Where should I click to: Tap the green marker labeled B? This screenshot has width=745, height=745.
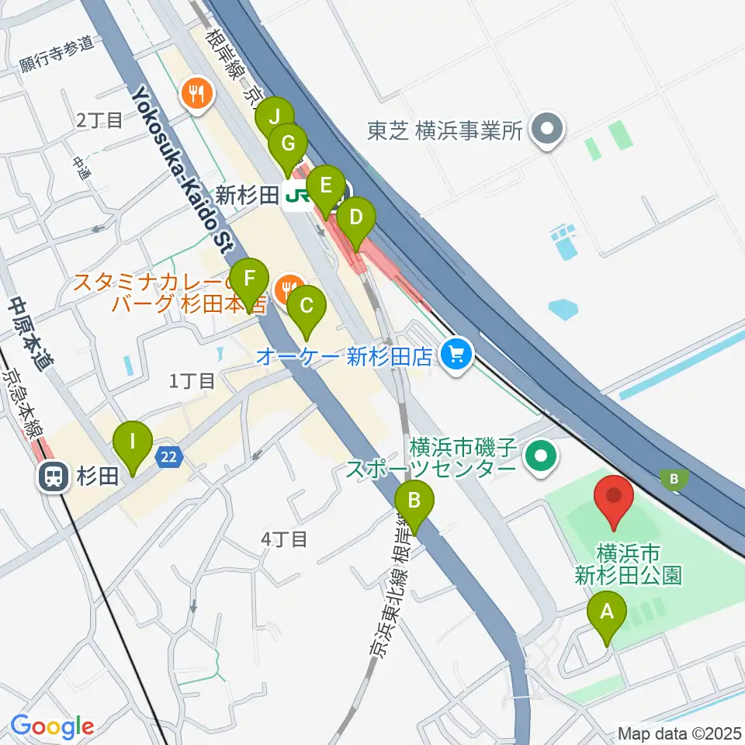414,507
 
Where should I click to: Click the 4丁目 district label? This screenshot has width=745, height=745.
285,539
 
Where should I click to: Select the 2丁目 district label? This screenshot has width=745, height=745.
99,120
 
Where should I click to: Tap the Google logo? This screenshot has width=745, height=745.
52,727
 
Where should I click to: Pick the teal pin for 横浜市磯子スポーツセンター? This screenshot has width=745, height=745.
540,455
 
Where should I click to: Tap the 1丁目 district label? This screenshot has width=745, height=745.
192,380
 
